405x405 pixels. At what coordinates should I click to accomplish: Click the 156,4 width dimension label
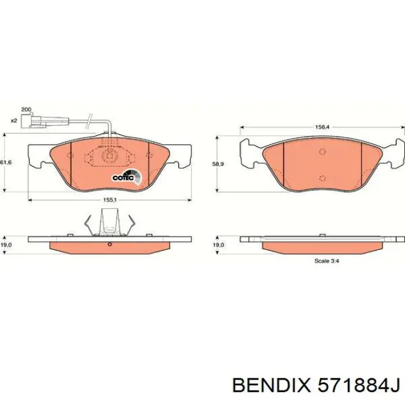coord(322,127)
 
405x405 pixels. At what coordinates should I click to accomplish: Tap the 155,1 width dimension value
coord(110,200)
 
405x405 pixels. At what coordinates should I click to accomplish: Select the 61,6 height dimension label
coord(6,163)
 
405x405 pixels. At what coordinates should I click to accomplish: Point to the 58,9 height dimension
coord(218,164)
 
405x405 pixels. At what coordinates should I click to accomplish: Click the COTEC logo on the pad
coord(127,177)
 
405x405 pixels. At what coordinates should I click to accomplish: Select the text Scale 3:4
coord(326,261)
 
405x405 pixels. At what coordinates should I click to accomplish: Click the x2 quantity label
coord(14,120)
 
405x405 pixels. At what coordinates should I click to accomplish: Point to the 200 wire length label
coord(26,109)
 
